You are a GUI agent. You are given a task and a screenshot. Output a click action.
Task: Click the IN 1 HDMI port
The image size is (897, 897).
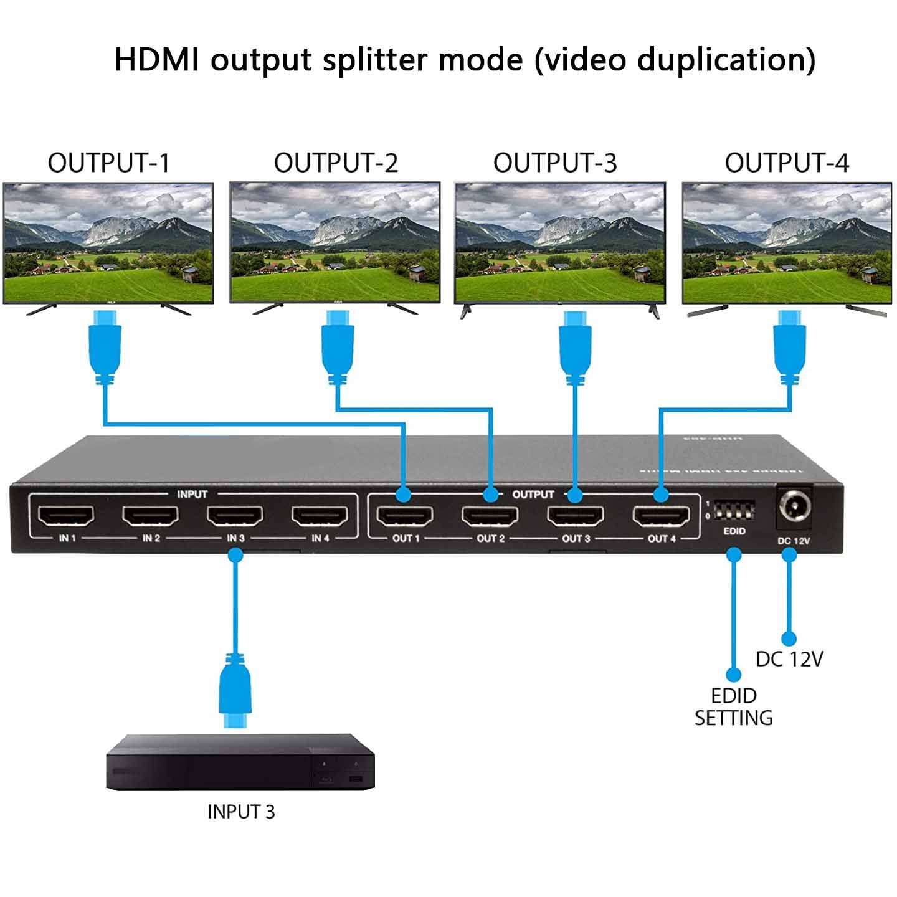tap(66, 515)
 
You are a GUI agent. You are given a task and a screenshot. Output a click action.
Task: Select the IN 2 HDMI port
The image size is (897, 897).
tap(150, 515)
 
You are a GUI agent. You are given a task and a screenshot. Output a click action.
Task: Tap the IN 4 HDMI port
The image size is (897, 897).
tap(320, 515)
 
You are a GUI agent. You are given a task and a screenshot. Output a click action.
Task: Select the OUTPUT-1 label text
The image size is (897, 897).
tap(109, 163)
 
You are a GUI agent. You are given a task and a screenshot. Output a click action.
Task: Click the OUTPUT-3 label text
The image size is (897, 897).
tap(555, 163)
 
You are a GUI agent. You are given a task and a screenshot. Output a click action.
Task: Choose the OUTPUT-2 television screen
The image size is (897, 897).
tap(335, 243)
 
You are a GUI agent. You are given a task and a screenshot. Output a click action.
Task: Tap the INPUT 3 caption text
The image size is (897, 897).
tap(241, 812)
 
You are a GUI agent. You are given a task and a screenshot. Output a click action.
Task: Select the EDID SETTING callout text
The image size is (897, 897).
tap(734, 707)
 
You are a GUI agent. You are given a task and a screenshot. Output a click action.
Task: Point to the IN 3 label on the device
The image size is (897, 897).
tap(235, 538)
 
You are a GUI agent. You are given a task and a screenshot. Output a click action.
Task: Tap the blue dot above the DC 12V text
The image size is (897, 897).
tap(789, 639)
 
